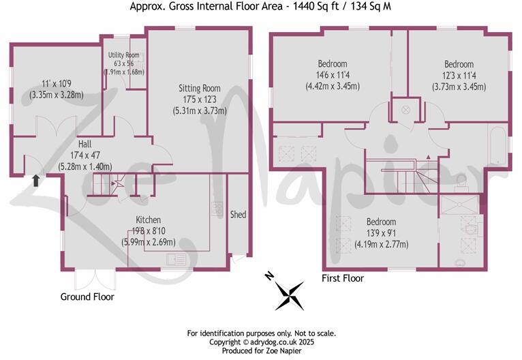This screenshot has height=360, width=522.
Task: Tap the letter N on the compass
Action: pos(270,275)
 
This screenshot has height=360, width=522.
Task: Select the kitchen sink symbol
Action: pos(176,258)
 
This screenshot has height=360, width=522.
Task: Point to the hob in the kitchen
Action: pos(217,209)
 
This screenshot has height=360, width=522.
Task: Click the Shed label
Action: pos(238,215)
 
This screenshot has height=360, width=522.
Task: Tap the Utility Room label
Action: pos(123,55)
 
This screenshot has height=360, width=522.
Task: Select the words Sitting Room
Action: pos(200,88)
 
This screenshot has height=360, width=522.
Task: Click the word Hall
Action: pos(85,144)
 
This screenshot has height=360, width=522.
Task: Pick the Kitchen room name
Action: pos(148,220)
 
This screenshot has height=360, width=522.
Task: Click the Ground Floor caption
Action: pos(87,297)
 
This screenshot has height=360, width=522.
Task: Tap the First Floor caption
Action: pos(343,278)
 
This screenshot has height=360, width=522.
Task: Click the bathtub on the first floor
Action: pos(497,145)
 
